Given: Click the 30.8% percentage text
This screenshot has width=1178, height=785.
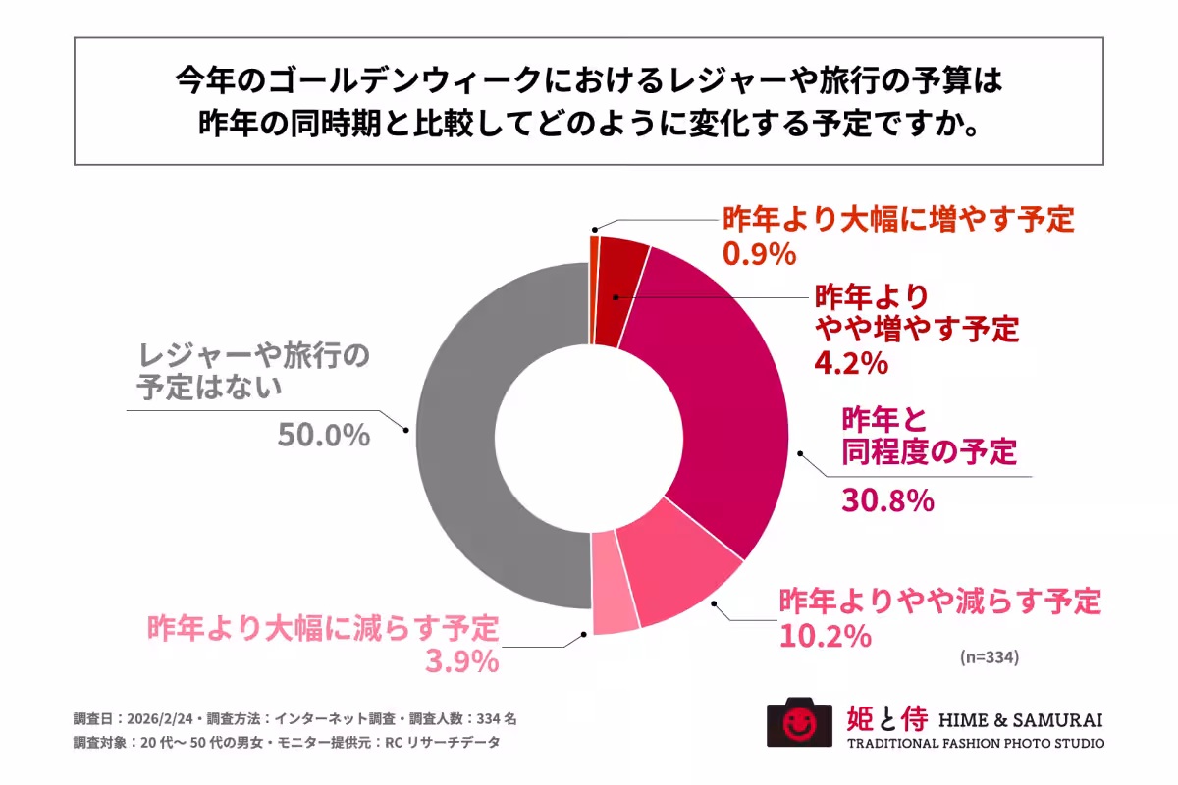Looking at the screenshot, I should (886, 500).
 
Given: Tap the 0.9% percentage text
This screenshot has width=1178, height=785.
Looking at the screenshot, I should (757, 254).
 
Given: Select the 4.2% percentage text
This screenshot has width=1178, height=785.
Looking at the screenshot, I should (851, 364).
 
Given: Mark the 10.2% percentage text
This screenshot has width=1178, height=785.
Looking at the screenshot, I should (826, 636).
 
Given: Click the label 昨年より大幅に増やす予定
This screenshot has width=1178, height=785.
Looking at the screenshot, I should (898, 220).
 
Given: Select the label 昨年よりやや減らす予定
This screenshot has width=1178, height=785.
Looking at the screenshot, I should (939, 601).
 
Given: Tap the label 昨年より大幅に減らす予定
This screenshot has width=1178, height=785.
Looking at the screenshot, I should (323, 628).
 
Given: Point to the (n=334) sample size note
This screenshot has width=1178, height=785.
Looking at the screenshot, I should (990, 658).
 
